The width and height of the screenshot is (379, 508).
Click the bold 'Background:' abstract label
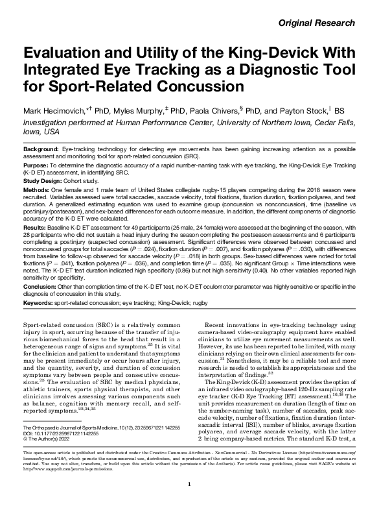42,149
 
